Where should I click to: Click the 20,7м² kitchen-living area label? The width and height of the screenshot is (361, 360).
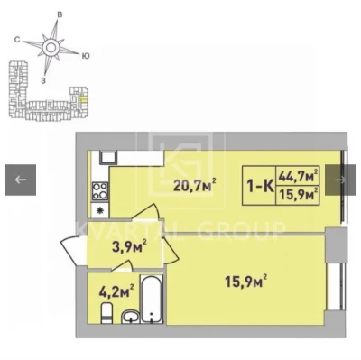tap(195, 185)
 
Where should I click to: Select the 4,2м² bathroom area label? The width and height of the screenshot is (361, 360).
tap(116, 291)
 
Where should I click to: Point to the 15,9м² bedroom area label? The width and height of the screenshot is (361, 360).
tap(246, 282)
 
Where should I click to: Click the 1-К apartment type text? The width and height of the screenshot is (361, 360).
tap(260, 187)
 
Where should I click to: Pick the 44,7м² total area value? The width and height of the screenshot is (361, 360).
tap(298, 175)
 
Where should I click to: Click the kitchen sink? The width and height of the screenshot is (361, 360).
tap(108, 158)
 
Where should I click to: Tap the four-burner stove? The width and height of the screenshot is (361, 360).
tap(99, 191)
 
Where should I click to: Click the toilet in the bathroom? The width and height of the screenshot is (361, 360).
tap(106, 313)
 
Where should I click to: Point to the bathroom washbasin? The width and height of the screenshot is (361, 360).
tap(130, 318)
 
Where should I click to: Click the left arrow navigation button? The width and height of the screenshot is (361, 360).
tap(21, 180)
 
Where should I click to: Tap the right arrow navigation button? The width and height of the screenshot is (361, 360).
tap(340, 180)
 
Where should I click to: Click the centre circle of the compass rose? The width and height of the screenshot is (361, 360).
tap(51, 47)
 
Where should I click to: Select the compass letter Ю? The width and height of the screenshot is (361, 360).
tap(86, 56)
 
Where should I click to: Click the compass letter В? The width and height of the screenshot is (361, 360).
tap(60, 14)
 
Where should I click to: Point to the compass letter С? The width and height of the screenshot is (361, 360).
tap(17, 40)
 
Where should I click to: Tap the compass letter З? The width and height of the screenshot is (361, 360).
tap(43, 80)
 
